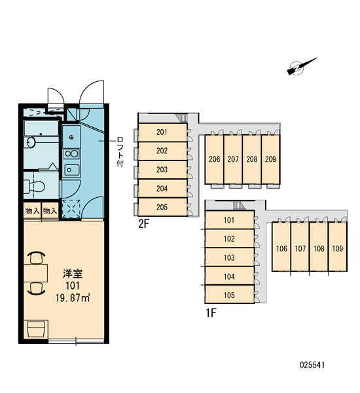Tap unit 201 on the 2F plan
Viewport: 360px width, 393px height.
162,132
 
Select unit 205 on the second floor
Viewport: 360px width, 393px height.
162,207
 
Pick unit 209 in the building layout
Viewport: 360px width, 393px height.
270,159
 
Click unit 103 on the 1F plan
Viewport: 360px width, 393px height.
230,257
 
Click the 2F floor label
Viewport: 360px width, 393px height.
144,224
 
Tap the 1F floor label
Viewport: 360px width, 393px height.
211,313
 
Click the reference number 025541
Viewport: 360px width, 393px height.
312,365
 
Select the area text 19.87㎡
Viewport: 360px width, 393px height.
73,298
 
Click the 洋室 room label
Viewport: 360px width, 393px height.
73,274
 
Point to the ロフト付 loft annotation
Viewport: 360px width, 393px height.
120,152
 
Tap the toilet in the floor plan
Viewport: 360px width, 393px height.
35,186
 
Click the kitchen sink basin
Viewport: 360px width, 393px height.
71,170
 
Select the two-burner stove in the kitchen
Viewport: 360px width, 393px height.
71,154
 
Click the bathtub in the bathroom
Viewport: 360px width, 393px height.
41,128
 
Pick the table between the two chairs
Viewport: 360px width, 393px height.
36,273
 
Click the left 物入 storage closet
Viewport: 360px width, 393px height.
32,211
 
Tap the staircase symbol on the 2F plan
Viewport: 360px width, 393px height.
181,118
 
